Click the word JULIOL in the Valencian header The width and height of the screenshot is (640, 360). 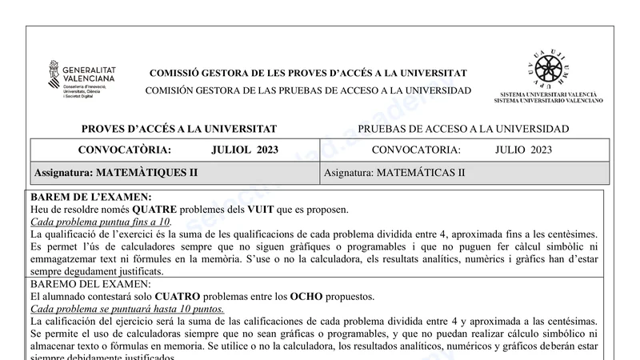pyautogui.click(x=233, y=150)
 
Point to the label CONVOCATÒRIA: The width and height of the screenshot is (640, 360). pyautogui.click(x=124, y=150)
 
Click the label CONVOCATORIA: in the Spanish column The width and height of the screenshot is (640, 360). pyautogui.click(x=416, y=150)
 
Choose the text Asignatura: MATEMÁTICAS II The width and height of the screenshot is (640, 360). pyautogui.click(x=394, y=172)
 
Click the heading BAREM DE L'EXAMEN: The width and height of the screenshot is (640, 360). pyautogui.click(x=90, y=197)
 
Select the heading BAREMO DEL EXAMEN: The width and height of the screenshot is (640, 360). pyautogui.click(x=90, y=284)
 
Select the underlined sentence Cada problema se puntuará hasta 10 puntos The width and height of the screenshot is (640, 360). pyautogui.click(x=127, y=309)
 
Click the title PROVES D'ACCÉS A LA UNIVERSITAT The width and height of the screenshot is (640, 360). pyautogui.click(x=178, y=129)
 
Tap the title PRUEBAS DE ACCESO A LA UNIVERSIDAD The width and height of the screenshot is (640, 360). pyautogui.click(x=463, y=129)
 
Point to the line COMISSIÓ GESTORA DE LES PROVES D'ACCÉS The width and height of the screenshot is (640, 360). pyautogui.click(x=308, y=74)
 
